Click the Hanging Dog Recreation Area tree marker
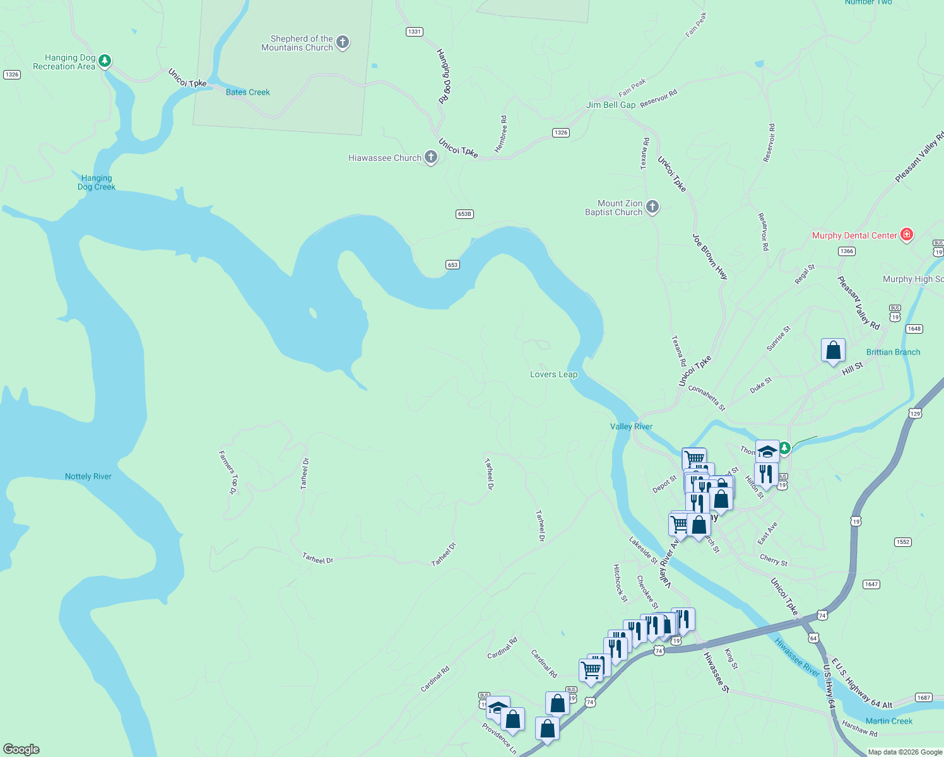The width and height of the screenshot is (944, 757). [x=105, y=61]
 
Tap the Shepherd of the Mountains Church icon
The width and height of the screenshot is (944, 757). [x=343, y=42]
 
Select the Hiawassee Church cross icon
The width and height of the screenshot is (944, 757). [x=431, y=157]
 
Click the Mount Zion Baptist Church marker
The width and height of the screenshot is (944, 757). [x=652, y=206]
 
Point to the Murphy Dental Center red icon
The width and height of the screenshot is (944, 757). [x=907, y=235]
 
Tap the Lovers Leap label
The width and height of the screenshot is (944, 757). [x=553, y=374]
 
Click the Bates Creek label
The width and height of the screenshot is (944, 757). [x=247, y=92]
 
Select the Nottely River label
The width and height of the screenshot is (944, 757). [x=88, y=476]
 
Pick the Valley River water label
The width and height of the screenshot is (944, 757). [x=631, y=426]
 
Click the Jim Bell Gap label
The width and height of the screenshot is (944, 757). [x=611, y=105]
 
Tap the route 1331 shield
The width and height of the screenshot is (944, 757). [x=415, y=32]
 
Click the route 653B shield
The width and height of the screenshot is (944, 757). [x=464, y=214]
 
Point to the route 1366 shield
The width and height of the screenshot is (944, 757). [x=847, y=251]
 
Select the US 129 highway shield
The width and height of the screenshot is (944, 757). [x=916, y=413]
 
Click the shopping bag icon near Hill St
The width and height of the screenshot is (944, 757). [x=833, y=350]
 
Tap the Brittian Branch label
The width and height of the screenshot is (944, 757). [x=893, y=352]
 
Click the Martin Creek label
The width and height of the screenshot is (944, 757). [x=889, y=721]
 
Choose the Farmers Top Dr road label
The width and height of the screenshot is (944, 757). [x=228, y=472]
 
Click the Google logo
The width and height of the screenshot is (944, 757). [x=21, y=749]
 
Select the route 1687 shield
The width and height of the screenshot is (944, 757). [x=924, y=697]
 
